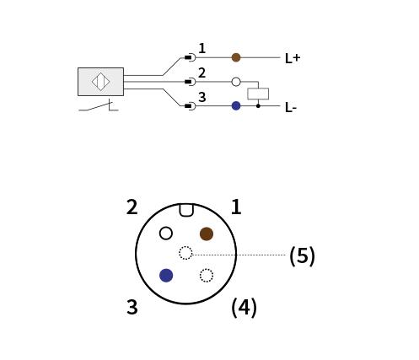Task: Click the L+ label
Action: point(293,58)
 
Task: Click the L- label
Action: point(291,107)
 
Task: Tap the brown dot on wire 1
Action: point(236,57)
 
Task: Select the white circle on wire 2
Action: point(236,82)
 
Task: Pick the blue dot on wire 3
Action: point(236,106)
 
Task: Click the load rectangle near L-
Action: point(258,94)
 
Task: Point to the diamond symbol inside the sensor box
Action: point(100,82)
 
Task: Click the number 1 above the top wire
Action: point(202,48)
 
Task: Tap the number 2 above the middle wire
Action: point(202,73)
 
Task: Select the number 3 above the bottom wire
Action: point(202,97)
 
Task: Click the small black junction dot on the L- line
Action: point(258,106)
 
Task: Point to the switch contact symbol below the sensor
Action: point(99,105)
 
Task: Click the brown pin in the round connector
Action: point(207,234)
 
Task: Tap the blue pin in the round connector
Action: point(166,275)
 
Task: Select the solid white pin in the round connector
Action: point(166,234)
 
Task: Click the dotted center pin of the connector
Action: point(185,253)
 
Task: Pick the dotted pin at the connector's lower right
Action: point(207,276)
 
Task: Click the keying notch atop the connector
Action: point(186,210)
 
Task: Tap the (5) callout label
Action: point(302,255)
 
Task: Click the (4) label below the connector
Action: point(244,308)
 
